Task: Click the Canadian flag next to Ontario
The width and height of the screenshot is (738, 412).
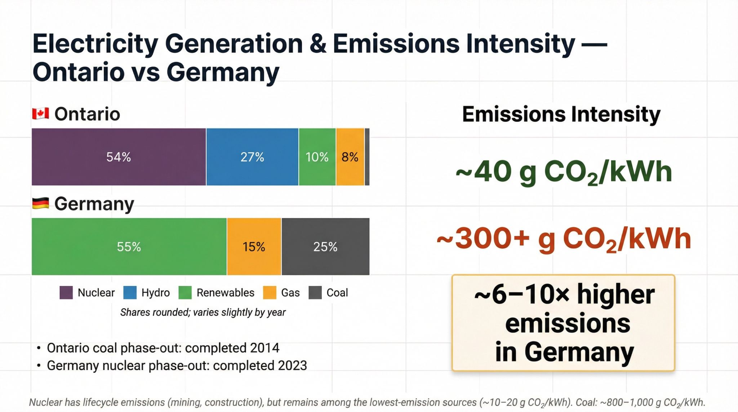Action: (40, 114)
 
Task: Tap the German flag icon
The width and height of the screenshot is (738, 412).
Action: (40, 204)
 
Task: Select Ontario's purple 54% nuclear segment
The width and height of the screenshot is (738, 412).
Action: (119, 157)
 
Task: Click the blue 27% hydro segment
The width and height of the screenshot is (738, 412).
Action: (252, 157)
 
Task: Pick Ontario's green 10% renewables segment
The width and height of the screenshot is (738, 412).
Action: (317, 157)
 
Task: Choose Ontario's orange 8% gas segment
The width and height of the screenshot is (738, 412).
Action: (350, 157)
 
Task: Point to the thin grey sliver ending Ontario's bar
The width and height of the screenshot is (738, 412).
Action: (367, 157)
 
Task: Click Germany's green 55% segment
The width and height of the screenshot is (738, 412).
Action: (129, 247)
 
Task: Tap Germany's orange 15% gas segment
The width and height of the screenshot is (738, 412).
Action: (254, 247)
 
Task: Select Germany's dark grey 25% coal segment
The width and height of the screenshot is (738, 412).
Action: (325, 247)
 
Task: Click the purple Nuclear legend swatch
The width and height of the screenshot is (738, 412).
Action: (66, 293)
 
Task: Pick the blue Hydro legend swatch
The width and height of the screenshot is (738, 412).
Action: (130, 293)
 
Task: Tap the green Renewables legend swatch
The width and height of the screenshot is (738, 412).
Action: (185, 293)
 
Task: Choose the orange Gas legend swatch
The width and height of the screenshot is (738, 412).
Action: (270, 293)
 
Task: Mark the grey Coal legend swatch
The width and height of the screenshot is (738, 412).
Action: (315, 293)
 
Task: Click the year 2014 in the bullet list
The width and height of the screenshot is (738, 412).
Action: (264, 348)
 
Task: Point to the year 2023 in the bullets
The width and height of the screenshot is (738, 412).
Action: (292, 366)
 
